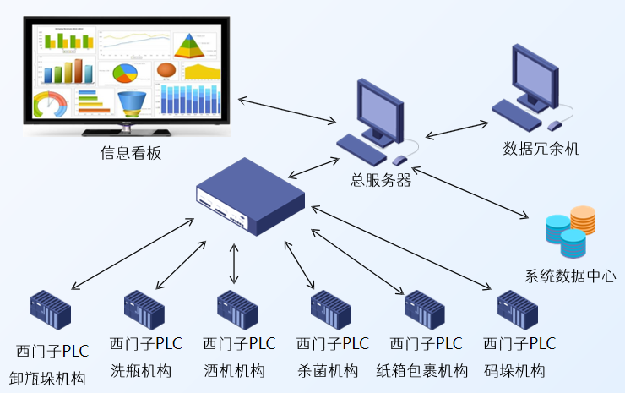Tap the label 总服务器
pos(381,179)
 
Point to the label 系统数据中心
pos(570,276)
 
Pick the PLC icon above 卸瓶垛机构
pos(51,310)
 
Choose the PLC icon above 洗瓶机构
pos(144,310)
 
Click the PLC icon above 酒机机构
pos(237,310)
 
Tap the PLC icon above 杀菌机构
pos(331,310)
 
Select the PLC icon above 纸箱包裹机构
pos(425,310)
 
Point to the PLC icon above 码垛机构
pos(518,310)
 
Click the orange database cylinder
pos(583,219)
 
